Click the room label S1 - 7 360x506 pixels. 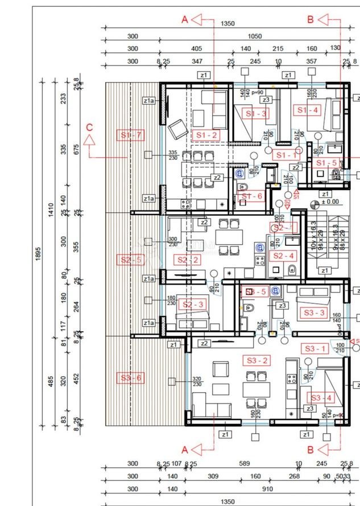pyautogui.click(x=131, y=135)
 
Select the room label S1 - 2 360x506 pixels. pyautogui.click(x=205, y=135)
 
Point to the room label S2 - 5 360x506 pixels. pyautogui.click(x=131, y=260)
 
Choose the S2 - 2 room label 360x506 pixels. pyautogui.click(x=188, y=260)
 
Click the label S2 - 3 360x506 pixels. pyautogui.click(x=193, y=305)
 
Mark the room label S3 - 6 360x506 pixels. pyautogui.click(x=131, y=377)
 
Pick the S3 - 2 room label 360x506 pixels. pyautogui.click(x=258, y=360)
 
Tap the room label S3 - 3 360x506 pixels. pyautogui.click(x=314, y=312)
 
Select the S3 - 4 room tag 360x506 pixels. pyautogui.click(x=320, y=398)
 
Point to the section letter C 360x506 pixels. pyautogui.click(x=89, y=127)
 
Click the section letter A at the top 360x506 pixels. pyautogui.click(x=184, y=19)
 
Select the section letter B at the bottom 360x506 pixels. pyautogui.click(x=311, y=449)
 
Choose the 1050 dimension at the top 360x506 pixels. pyautogui.click(x=255, y=36)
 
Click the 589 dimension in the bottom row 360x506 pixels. pyautogui.click(x=245, y=464)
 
